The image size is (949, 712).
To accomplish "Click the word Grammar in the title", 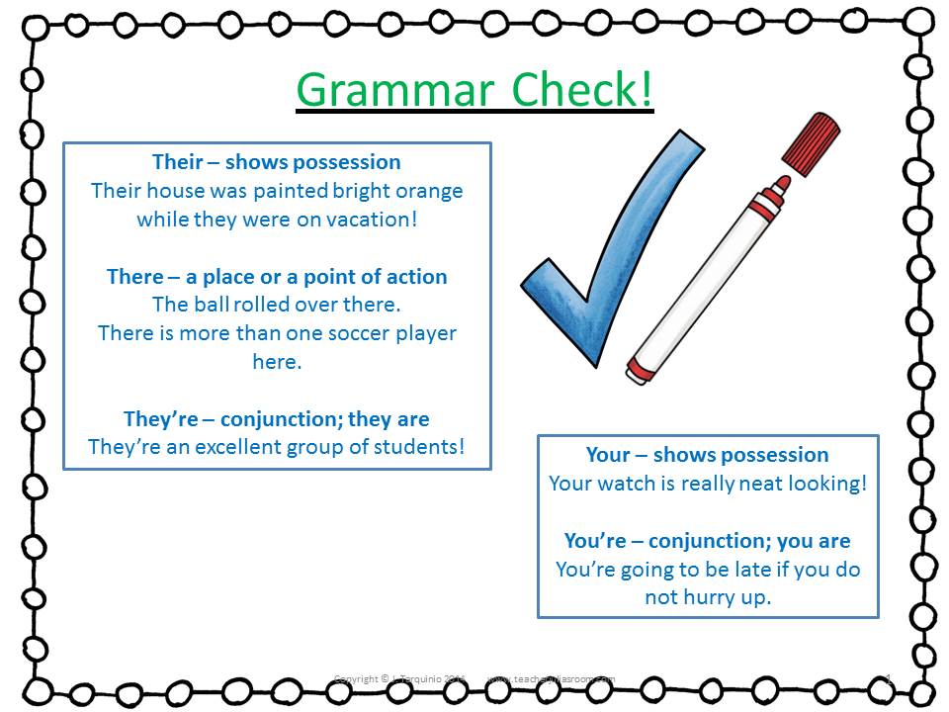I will (x=392, y=90).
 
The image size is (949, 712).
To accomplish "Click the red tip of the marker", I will (x=780, y=185).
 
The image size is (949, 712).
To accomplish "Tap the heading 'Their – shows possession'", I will (x=277, y=162).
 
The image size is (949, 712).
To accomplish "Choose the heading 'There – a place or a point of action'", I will (x=277, y=277).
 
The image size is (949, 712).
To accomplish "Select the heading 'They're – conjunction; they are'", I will (x=277, y=418).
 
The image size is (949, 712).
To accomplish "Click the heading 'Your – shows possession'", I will (x=707, y=455).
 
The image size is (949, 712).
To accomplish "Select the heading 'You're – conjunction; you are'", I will (x=707, y=541).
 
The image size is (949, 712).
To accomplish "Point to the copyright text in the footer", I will (x=399, y=679).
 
